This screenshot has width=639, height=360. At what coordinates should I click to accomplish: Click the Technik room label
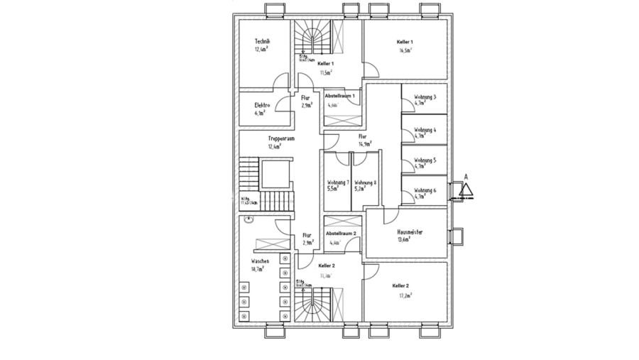pyautogui.click(x=262, y=42)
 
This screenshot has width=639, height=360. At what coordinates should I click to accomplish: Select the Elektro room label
pyautogui.click(x=262, y=105)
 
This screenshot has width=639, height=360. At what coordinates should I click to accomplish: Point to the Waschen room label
pyautogui.click(x=260, y=261)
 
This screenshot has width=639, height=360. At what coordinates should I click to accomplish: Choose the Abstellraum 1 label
pyautogui.click(x=339, y=95)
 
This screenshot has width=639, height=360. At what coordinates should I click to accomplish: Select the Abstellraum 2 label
pyautogui.click(x=340, y=234)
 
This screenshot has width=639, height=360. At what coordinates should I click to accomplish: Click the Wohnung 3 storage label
pyautogui.click(x=425, y=97)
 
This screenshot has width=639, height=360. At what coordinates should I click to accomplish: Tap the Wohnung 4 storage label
pyautogui.click(x=425, y=130)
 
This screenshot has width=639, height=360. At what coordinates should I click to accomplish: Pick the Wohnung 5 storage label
pyautogui.click(x=425, y=160)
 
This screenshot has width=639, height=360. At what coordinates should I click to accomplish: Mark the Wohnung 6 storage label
pyautogui.click(x=425, y=190)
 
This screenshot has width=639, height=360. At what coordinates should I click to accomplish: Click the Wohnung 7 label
pyautogui.click(x=338, y=182)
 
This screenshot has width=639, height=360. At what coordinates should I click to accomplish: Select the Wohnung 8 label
pyautogui.click(x=365, y=182)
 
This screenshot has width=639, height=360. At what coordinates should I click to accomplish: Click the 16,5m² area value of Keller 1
pyautogui.click(x=405, y=50)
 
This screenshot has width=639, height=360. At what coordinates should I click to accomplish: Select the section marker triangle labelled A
pyautogui.click(x=466, y=190)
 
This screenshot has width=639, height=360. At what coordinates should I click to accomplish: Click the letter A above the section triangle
pyautogui.click(x=466, y=175)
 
